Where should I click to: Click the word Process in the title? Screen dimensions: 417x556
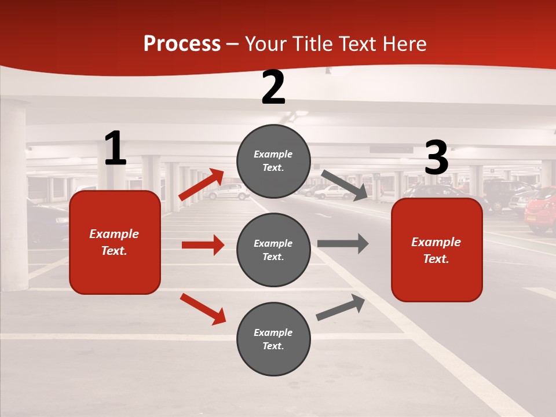[182, 44]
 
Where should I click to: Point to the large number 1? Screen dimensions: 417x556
[115, 149]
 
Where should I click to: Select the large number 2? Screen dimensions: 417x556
[273, 87]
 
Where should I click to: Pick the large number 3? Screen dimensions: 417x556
[436, 158]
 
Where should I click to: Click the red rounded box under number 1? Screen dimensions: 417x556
[115, 242]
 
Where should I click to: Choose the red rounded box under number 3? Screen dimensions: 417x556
[437, 250]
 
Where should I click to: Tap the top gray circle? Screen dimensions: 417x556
[273, 161]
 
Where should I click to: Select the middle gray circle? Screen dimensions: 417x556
[273, 250]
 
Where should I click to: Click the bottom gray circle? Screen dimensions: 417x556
[273, 339]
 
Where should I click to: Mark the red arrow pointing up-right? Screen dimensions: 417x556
[202, 185]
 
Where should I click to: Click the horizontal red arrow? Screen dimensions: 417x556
[203, 245]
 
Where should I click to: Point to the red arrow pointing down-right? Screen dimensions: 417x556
[203, 309]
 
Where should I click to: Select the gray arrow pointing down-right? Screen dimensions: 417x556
[345, 185]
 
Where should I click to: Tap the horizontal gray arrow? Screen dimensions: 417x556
[342, 243]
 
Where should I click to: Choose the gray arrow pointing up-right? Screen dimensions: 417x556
[341, 307]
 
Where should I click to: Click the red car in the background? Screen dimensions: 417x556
[540, 210]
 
